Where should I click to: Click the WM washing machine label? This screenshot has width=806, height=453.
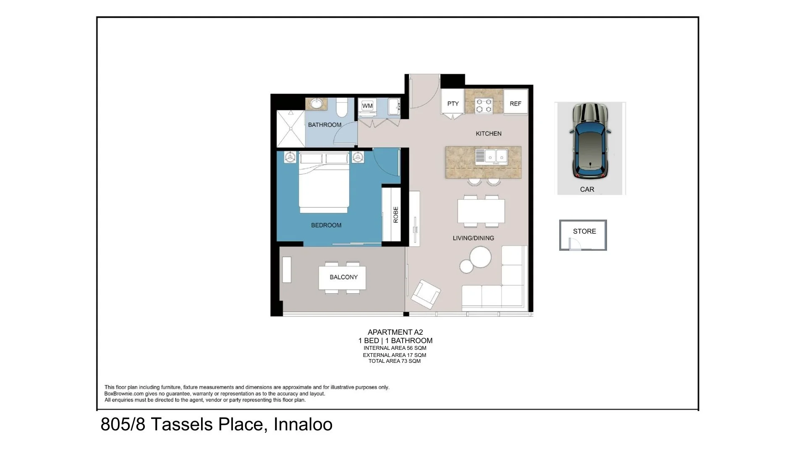(367, 106)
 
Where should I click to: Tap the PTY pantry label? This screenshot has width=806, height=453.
(453, 104)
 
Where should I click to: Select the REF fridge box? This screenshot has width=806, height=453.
(515, 104)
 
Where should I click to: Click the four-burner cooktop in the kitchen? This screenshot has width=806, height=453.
(483, 105)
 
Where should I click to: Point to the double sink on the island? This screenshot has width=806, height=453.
(496, 156)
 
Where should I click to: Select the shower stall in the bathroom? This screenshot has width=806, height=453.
(290, 128)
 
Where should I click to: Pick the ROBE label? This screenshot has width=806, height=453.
(395, 214)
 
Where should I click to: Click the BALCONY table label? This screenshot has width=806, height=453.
(343, 277)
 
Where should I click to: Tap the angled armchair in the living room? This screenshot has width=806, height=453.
(425, 294)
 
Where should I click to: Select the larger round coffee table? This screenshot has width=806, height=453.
(480, 257)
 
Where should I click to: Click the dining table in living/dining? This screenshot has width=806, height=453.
(481, 211)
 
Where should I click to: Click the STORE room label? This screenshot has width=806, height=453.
(584, 231)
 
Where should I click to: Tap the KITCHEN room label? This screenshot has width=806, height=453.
(488, 133)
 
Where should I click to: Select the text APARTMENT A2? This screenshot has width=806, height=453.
(395, 332)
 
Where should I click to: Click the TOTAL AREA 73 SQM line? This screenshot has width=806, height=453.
(394, 361)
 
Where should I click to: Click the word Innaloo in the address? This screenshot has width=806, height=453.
(303, 424)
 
